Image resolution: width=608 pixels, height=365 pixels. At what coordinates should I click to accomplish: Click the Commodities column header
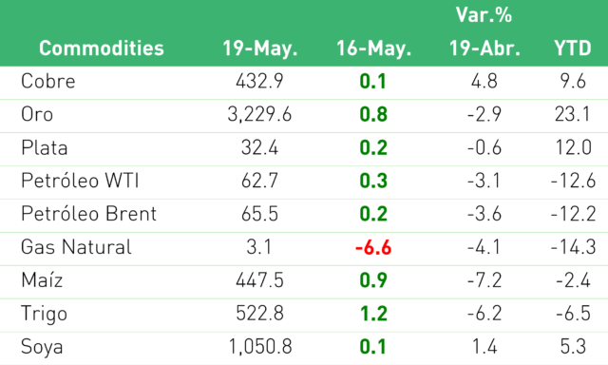coord(102,48)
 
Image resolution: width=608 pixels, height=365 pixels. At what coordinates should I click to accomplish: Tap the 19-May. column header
coord(259,48)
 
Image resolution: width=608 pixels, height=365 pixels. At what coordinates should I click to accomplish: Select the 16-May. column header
coord(373,48)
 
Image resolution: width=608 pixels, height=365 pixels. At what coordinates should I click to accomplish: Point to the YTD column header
coord(573,48)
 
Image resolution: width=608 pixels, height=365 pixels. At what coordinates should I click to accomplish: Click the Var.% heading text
coord(484,15)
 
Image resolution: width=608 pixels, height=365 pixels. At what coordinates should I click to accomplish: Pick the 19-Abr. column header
coord(484,48)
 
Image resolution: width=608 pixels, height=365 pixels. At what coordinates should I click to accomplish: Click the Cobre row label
coord(48,81)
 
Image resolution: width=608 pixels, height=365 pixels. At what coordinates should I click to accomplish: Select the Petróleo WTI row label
coord(80,181)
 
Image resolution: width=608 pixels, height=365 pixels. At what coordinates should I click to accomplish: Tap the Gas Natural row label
coord(76,247)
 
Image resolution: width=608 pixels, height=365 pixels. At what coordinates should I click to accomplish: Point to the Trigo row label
coord(45,314)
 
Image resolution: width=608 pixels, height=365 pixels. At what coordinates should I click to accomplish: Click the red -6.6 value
coord(373,247)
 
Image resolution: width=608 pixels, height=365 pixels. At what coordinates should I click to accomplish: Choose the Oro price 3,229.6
coord(259,114)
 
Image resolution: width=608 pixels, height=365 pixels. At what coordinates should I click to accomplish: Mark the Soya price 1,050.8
coord(260,346)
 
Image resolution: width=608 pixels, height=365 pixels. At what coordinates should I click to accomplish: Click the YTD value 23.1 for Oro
coord(572,114)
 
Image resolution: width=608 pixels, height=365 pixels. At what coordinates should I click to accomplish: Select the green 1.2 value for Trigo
coord(373,314)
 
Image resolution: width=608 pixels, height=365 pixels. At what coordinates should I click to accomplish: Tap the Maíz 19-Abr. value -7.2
coord(484,280)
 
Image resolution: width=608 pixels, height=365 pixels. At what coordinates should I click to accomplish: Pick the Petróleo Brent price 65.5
coord(259,214)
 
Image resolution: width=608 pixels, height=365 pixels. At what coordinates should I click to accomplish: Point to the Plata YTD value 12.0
coord(573,147)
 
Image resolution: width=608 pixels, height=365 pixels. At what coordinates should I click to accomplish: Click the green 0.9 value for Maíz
coord(373,280)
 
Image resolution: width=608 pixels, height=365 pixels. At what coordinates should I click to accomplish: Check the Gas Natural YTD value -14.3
coord(573,247)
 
